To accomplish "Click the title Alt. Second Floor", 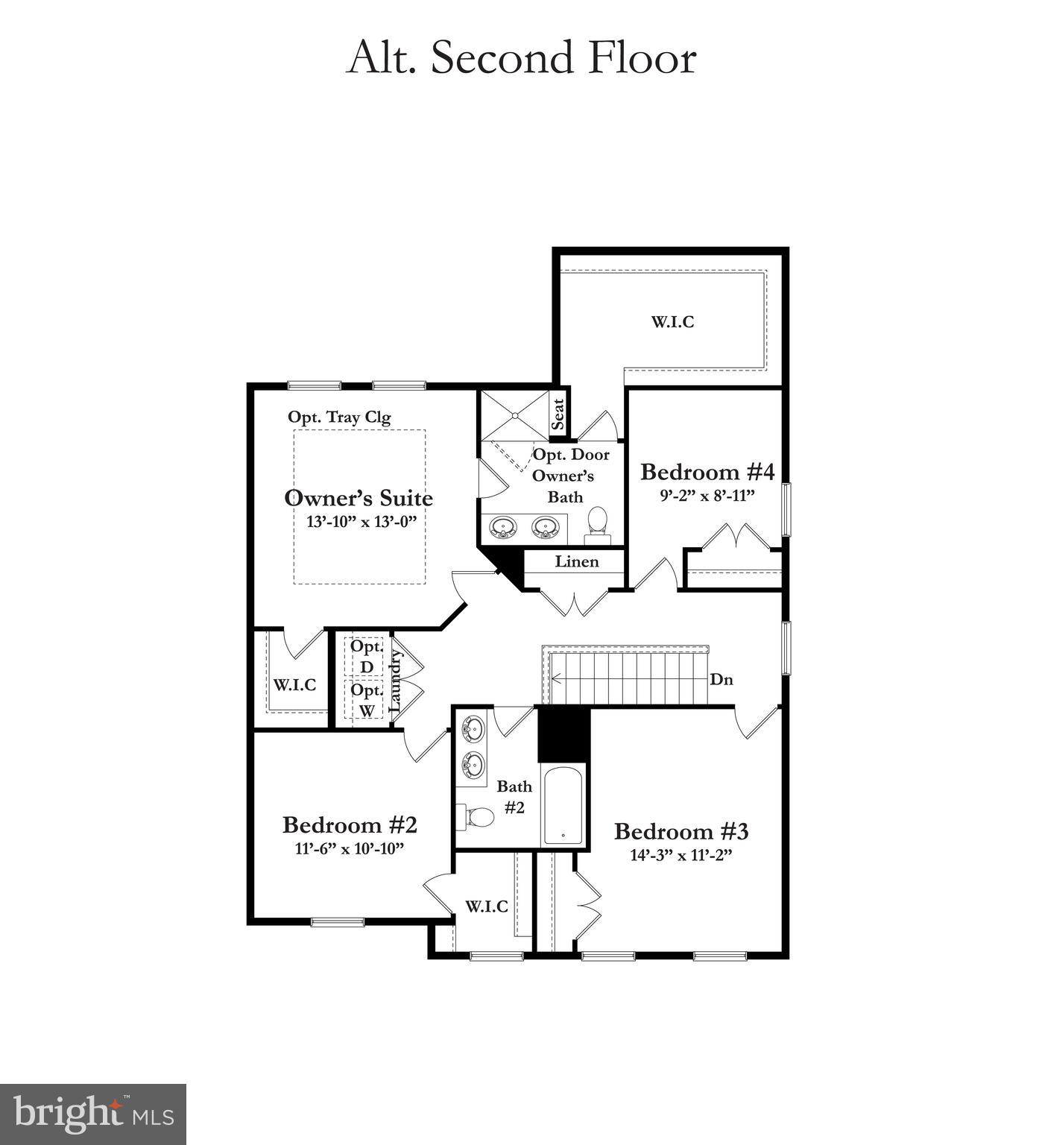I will point(521,58).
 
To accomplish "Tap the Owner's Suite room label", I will point(359,497).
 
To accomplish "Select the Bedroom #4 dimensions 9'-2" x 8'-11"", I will point(707,495).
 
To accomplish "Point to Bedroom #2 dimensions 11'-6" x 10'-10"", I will point(349,848).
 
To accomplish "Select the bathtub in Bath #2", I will point(563,805).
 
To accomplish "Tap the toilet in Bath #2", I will point(477,817).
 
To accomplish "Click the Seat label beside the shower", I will point(558,413).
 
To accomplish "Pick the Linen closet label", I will point(576,561).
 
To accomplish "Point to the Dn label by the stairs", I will point(721,679).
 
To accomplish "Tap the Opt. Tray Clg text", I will point(339,417).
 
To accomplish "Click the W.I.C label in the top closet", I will point(672,322).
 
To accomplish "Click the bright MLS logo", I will point(93,1114).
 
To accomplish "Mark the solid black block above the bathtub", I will point(563,734).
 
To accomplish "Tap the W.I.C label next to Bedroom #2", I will point(487,906).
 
